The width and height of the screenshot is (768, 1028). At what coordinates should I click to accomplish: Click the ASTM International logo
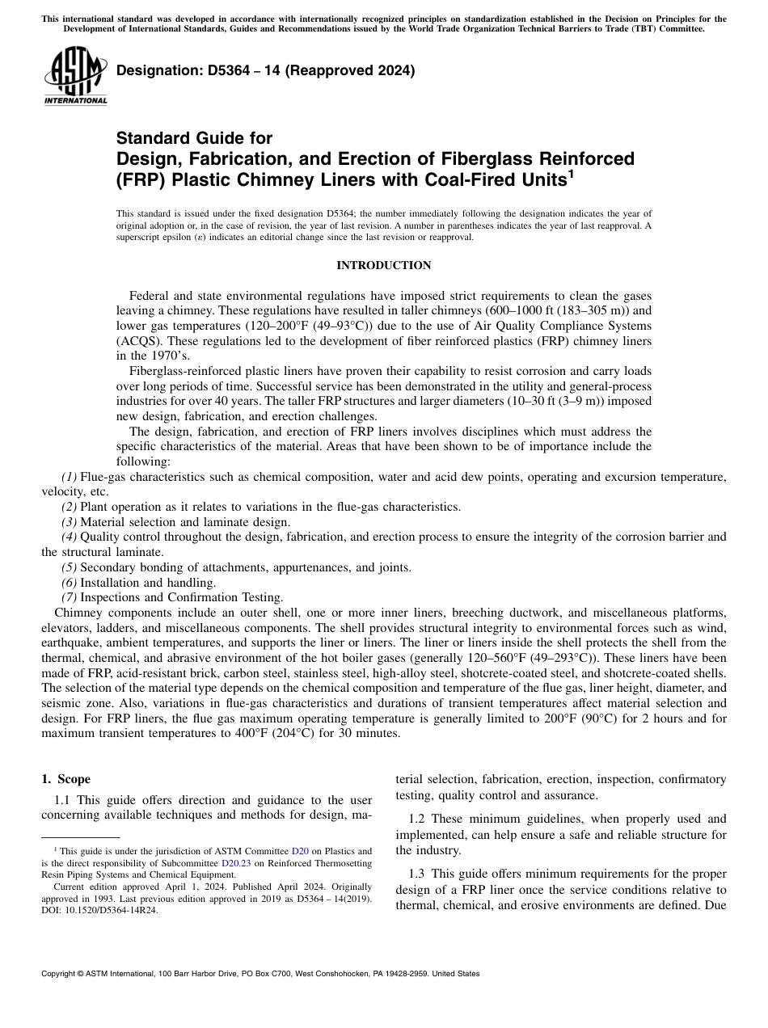pos(75,76)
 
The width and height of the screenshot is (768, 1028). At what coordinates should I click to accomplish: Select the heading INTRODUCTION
pos(383,265)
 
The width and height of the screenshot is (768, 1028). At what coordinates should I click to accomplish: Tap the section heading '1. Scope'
pos(66,779)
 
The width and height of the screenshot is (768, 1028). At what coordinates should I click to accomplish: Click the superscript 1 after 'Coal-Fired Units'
pos(571,172)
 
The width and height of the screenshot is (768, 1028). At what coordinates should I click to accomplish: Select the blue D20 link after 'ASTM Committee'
pos(300,851)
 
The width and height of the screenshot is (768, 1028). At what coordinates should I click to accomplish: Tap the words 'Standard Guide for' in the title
pos(194,138)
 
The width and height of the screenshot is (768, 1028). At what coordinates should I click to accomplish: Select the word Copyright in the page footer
pos(59,974)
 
